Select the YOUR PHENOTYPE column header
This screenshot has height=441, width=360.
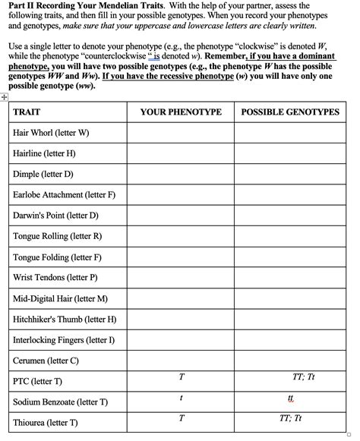pyautogui.click(x=181, y=112)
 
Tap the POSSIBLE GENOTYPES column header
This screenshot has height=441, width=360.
pyautogui.click(x=290, y=112)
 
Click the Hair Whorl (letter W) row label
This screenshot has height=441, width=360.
pyautogui.click(x=51, y=133)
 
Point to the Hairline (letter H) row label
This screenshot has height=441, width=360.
pyautogui.click(x=44, y=153)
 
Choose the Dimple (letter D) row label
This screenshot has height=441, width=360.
pyautogui.click(x=43, y=174)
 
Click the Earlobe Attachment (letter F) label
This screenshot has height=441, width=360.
pyautogui.click(x=64, y=195)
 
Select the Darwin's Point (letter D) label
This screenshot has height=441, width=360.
pyautogui.click(x=55, y=216)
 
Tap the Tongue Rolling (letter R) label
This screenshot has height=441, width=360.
pyautogui.click(x=57, y=236)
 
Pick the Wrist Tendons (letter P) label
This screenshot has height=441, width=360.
pyautogui.click(x=55, y=278)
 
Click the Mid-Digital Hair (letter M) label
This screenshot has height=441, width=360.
pyautogui.click(x=60, y=298)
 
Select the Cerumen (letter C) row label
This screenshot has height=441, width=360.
pyautogui.click(x=46, y=361)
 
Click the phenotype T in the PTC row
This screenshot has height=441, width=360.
pyautogui.click(x=182, y=377)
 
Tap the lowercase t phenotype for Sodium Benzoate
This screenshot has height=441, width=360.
pyautogui.click(x=182, y=398)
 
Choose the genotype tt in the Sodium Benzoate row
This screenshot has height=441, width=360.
pyautogui.click(x=290, y=399)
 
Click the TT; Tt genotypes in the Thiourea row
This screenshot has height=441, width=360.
pyautogui.click(x=291, y=418)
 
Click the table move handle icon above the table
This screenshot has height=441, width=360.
pyautogui.click(x=5, y=97)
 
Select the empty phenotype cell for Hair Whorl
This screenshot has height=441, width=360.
pyautogui.click(x=181, y=134)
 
